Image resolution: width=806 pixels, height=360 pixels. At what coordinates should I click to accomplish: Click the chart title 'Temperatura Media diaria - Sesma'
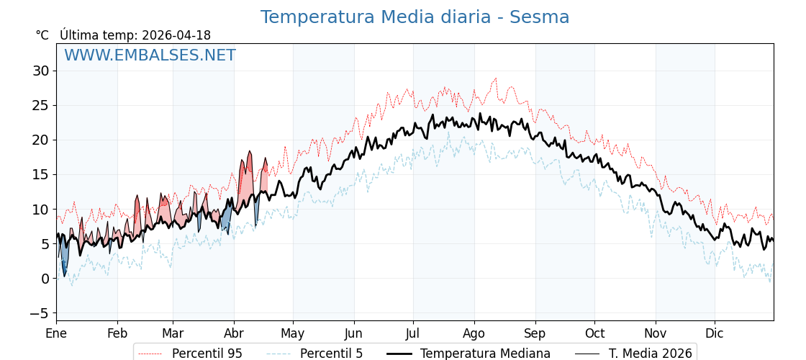pyautogui.click(x=415, y=17)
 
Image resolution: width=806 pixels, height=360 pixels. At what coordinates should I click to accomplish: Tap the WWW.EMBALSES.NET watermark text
pyautogui.click(x=150, y=55)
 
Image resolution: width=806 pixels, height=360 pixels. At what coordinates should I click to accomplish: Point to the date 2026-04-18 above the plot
pyautogui.click(x=176, y=35)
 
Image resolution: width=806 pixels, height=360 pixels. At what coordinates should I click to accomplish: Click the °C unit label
pyautogui.click(x=42, y=35)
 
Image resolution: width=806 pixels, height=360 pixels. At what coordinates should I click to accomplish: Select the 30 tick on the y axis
pyautogui.click(x=40, y=71)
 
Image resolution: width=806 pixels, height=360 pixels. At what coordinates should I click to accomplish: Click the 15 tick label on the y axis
pyautogui.click(x=40, y=174)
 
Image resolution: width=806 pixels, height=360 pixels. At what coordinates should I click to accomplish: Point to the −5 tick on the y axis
pyautogui.click(x=39, y=313)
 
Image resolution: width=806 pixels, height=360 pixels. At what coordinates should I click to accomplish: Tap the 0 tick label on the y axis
pyautogui.click(x=45, y=279)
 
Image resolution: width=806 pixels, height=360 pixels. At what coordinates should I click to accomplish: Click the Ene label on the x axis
pyautogui.click(x=56, y=333)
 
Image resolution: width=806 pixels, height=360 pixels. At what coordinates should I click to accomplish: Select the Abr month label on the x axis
pyautogui.click(x=234, y=333)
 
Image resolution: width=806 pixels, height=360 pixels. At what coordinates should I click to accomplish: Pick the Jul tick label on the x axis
pyautogui.click(x=413, y=333)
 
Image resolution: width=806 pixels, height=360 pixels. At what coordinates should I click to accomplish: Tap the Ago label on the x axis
pyautogui.click(x=474, y=333)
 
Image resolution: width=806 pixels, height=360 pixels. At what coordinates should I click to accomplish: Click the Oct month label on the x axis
pyautogui.click(x=594, y=333)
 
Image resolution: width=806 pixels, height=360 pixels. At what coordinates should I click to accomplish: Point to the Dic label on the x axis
pyautogui.click(x=715, y=333)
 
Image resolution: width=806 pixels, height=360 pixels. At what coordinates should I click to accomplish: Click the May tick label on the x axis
pyautogui.click(x=293, y=333)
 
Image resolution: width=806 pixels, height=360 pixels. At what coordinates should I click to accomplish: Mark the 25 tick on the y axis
pyautogui.click(x=40, y=105)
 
